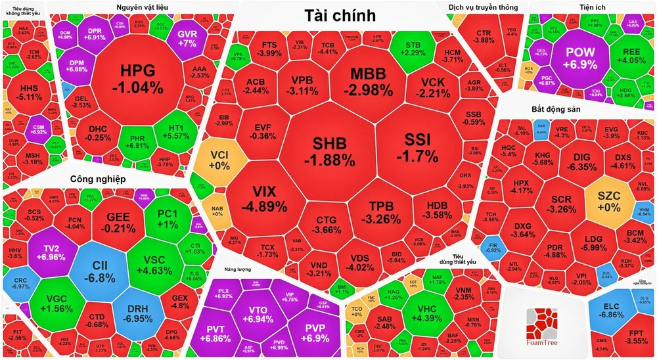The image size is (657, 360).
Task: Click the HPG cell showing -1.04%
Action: (137, 78)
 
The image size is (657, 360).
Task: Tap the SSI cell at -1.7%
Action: (420, 148)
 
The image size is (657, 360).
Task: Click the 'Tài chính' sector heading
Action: (340, 15)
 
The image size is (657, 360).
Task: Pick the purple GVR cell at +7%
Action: (187, 38)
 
